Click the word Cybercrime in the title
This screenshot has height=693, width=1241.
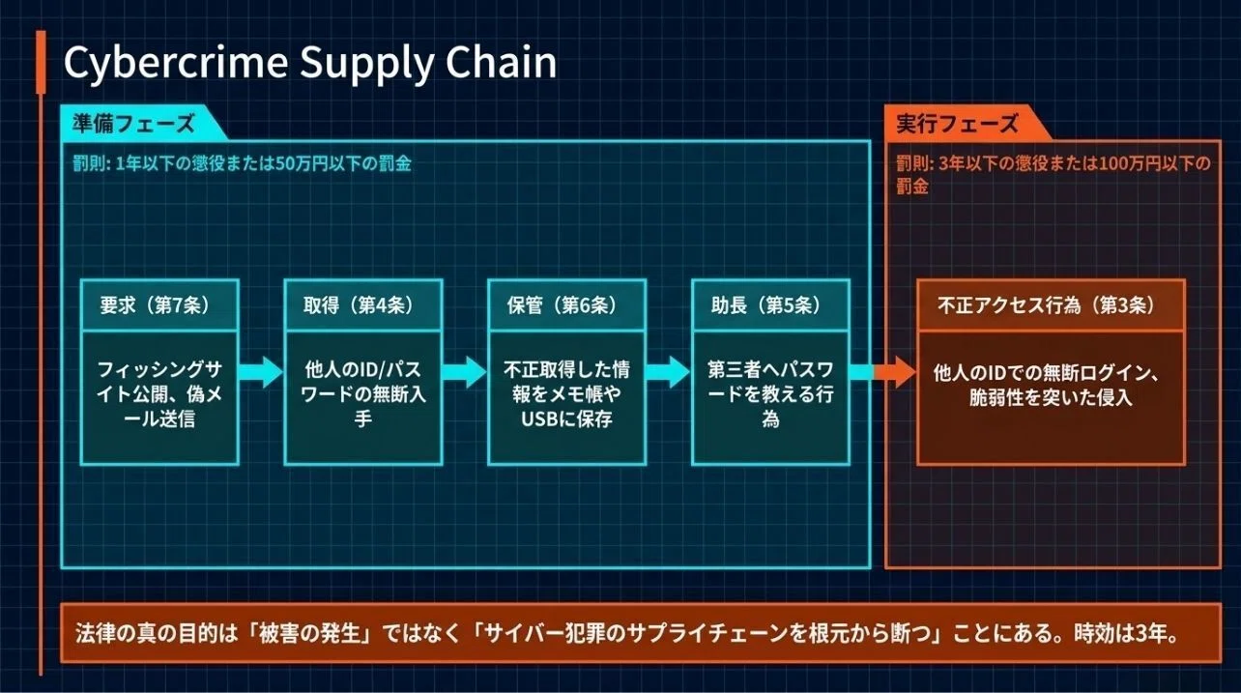[x=176, y=63]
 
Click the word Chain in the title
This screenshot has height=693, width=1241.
[x=501, y=61]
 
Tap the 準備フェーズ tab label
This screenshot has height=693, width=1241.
[x=133, y=123]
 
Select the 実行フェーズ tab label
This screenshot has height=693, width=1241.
[x=958, y=123]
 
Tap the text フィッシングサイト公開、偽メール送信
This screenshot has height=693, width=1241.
[x=159, y=394]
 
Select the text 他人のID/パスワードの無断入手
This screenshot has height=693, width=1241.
[x=362, y=394]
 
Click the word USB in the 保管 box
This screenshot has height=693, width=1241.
[x=539, y=419]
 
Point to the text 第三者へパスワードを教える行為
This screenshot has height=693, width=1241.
[x=770, y=394]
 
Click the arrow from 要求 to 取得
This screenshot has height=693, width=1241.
[x=261, y=372]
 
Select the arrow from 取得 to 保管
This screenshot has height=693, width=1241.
[x=465, y=372]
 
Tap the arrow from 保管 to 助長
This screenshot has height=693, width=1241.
[x=668, y=372]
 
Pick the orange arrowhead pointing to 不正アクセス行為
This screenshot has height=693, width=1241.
[x=903, y=372]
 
